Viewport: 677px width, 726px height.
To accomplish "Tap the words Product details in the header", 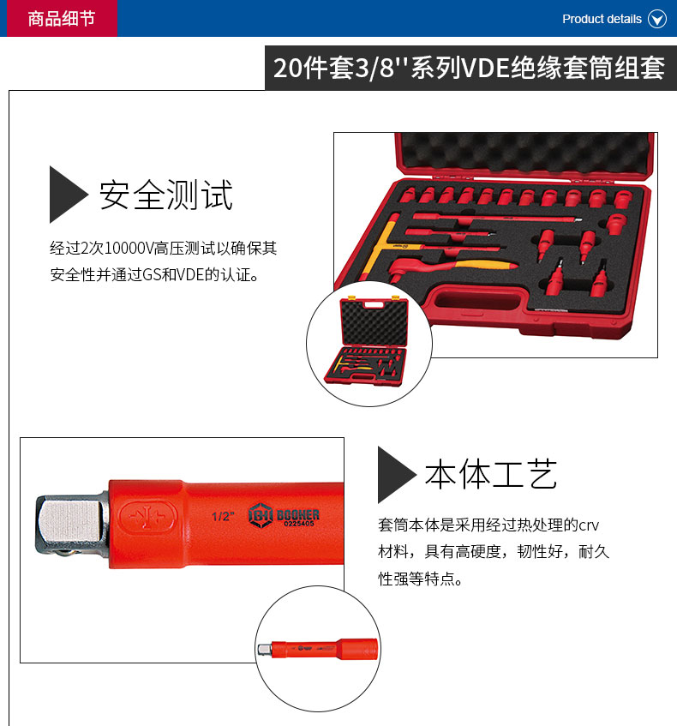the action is (x=602, y=19).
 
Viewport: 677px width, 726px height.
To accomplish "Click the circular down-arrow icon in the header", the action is (x=657, y=19).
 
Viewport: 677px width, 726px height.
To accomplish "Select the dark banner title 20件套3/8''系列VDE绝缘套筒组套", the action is (x=469, y=68).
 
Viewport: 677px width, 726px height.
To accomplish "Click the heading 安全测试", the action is (x=165, y=195).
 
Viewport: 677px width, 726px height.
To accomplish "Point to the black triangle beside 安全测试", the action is (x=68, y=195).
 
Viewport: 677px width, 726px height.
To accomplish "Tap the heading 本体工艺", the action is (x=491, y=474).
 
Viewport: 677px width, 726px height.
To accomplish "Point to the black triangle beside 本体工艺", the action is (x=397, y=475).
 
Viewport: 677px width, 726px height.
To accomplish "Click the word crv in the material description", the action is (x=589, y=526).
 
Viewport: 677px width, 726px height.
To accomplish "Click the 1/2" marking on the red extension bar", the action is (x=223, y=516).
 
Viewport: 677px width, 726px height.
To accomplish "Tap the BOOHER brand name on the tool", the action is (x=297, y=514).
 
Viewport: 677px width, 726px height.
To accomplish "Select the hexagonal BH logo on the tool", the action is (x=260, y=515).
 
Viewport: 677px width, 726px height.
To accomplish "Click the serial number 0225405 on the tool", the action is (x=299, y=524).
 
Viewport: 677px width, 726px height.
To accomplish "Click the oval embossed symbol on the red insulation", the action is (x=148, y=517).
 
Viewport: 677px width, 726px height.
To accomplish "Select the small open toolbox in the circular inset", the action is (x=369, y=342).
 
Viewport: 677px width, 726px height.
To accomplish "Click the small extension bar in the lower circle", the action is (x=318, y=649).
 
